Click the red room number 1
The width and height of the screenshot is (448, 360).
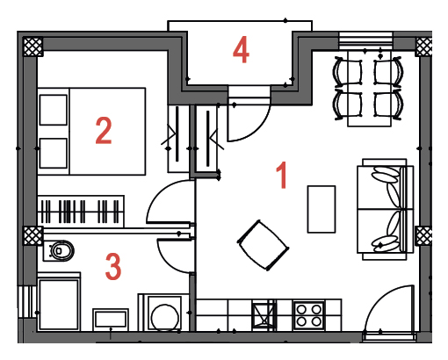tap(282, 176)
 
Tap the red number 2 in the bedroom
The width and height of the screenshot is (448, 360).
tap(104, 131)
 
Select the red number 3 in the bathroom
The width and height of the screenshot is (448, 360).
tap(113, 267)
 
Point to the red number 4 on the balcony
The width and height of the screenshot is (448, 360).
tap(241, 50)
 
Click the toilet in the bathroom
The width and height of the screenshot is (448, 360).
tap(59, 250)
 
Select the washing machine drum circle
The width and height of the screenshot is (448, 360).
tap(164, 318)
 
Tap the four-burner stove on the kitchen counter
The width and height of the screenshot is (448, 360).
tap(309, 315)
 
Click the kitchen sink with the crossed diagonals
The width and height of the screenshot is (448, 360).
tap(264, 315)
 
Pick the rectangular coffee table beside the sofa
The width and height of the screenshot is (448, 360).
tap(322, 209)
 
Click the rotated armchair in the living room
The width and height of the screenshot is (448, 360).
tap(263, 245)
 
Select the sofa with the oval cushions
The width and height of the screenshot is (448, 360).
tap(385, 209)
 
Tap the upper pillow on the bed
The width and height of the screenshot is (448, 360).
tap(54, 110)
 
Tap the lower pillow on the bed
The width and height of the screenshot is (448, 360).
tap(54, 154)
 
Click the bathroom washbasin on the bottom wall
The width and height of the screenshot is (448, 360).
tap(111, 320)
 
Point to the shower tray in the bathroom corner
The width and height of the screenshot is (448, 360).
tap(59, 304)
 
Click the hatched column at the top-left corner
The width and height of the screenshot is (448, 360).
tap(33, 47)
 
